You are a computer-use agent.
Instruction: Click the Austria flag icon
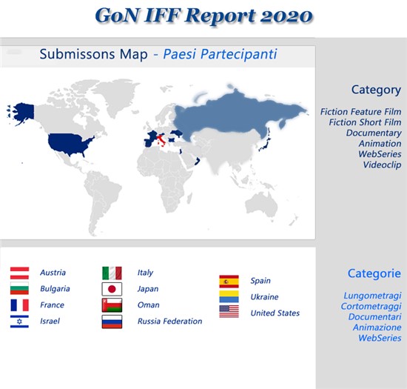[19, 273]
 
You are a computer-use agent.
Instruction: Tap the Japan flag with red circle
[112, 289]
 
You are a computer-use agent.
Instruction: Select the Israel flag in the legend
[19, 322]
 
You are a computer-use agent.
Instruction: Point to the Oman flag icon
[112, 305]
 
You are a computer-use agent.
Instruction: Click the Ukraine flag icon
[229, 297]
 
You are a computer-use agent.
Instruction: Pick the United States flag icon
[229, 311]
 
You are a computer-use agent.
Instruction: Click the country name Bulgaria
[55, 289]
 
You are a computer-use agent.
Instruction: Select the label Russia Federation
[169, 321]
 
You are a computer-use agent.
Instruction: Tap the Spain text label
[260, 281]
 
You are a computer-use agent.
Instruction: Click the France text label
[52, 305]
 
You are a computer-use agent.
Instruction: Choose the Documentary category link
[374, 133]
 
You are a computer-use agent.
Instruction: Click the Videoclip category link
[382, 164]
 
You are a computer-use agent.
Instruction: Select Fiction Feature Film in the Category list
[360, 112]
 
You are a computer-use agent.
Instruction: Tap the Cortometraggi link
[371, 306]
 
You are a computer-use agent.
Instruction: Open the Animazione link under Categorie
[377, 328]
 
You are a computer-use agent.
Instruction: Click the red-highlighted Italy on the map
[161, 140]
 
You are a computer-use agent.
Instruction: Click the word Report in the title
[220, 16]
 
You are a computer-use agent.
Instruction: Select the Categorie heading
[374, 273]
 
